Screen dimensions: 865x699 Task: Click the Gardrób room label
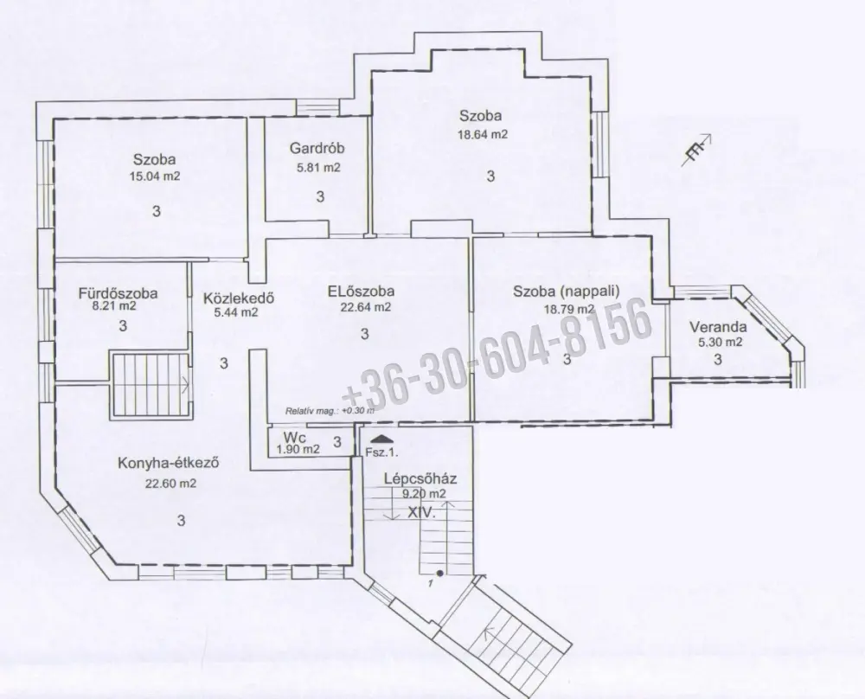click(x=317, y=148)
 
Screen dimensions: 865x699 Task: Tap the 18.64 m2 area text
click(x=483, y=134)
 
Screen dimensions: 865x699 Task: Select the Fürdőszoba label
click(x=118, y=293)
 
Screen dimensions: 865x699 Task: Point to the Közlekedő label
click(x=239, y=298)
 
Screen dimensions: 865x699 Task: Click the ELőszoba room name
click(x=361, y=292)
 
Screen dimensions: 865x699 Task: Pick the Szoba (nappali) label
click(x=567, y=291)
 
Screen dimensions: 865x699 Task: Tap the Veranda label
click(x=718, y=327)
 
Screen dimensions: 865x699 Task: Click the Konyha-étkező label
click(x=169, y=463)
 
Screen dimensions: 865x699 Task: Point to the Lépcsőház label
click(x=420, y=479)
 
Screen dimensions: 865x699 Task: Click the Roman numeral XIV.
click(x=421, y=512)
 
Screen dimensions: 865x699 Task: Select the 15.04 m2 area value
click(x=155, y=176)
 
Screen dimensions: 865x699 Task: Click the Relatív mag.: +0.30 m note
click(x=330, y=410)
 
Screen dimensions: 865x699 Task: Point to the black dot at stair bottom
click(x=439, y=574)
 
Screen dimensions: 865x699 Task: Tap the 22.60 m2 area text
click(x=170, y=484)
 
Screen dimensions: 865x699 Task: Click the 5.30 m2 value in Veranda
click(x=721, y=342)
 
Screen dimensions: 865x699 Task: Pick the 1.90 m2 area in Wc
click(x=298, y=449)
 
